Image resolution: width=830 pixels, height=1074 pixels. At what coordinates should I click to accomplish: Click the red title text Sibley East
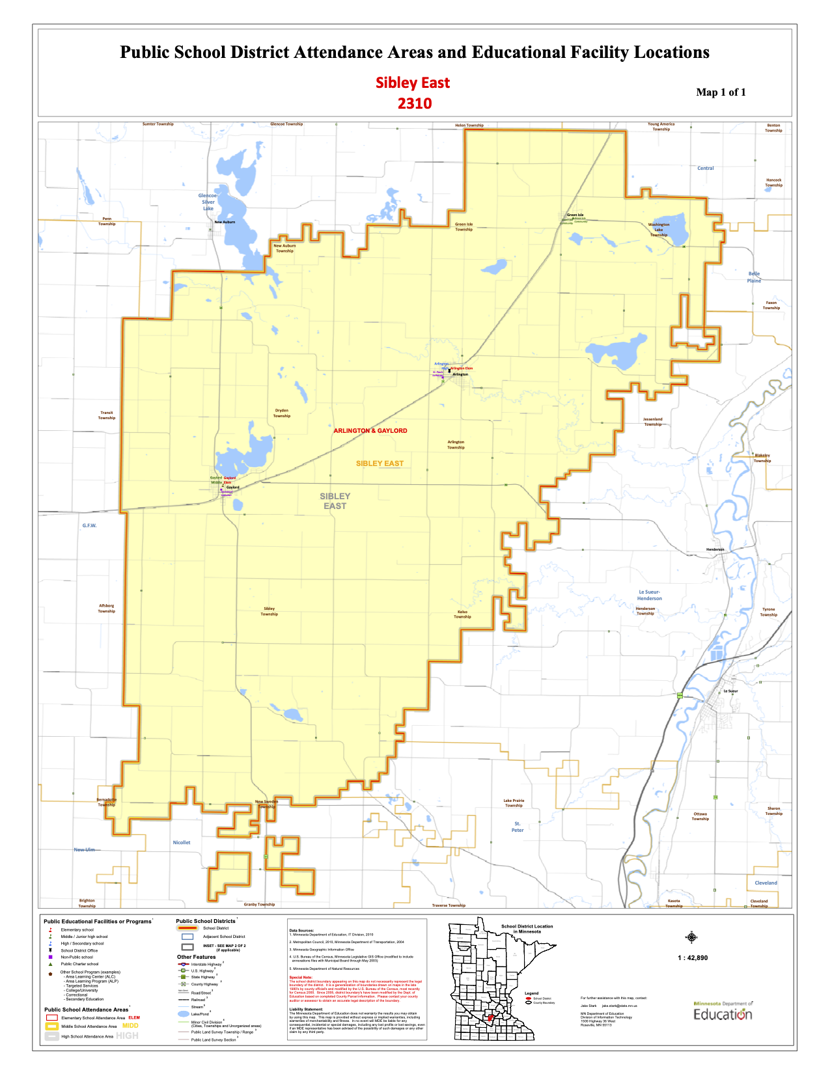click(413, 83)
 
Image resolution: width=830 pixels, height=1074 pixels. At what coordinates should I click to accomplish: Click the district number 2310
click(415, 103)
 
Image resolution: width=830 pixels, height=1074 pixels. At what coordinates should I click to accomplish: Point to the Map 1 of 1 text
click(721, 92)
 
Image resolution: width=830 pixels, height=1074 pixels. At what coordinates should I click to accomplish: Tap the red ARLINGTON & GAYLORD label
click(370, 431)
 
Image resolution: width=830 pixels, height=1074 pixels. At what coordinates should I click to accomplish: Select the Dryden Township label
click(282, 413)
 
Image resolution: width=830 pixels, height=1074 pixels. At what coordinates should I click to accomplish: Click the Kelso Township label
click(462, 614)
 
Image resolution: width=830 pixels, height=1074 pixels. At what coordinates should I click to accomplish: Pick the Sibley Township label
click(270, 611)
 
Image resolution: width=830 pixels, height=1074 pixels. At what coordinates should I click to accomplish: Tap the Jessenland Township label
click(652, 422)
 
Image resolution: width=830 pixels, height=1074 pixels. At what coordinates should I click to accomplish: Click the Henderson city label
click(715, 549)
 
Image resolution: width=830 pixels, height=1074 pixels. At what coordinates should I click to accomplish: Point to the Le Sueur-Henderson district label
click(649, 595)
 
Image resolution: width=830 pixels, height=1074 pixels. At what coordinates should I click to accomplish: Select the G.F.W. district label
click(89, 525)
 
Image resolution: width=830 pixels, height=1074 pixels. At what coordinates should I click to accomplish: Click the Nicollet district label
click(182, 842)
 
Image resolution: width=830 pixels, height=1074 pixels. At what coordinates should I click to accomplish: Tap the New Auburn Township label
click(284, 248)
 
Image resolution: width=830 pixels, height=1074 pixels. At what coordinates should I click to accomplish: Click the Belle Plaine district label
click(754, 277)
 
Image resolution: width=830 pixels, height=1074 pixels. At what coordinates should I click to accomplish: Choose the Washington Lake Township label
click(659, 230)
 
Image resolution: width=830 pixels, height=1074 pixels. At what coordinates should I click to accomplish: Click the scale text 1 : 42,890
click(693, 957)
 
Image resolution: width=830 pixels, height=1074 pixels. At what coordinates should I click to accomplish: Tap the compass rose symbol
click(691, 937)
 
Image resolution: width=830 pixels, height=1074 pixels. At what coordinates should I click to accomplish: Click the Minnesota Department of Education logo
click(723, 1012)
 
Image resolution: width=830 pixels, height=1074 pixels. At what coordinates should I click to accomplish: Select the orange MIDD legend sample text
click(130, 1026)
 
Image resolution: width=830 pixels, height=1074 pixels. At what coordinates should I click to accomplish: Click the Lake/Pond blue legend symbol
click(183, 1013)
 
